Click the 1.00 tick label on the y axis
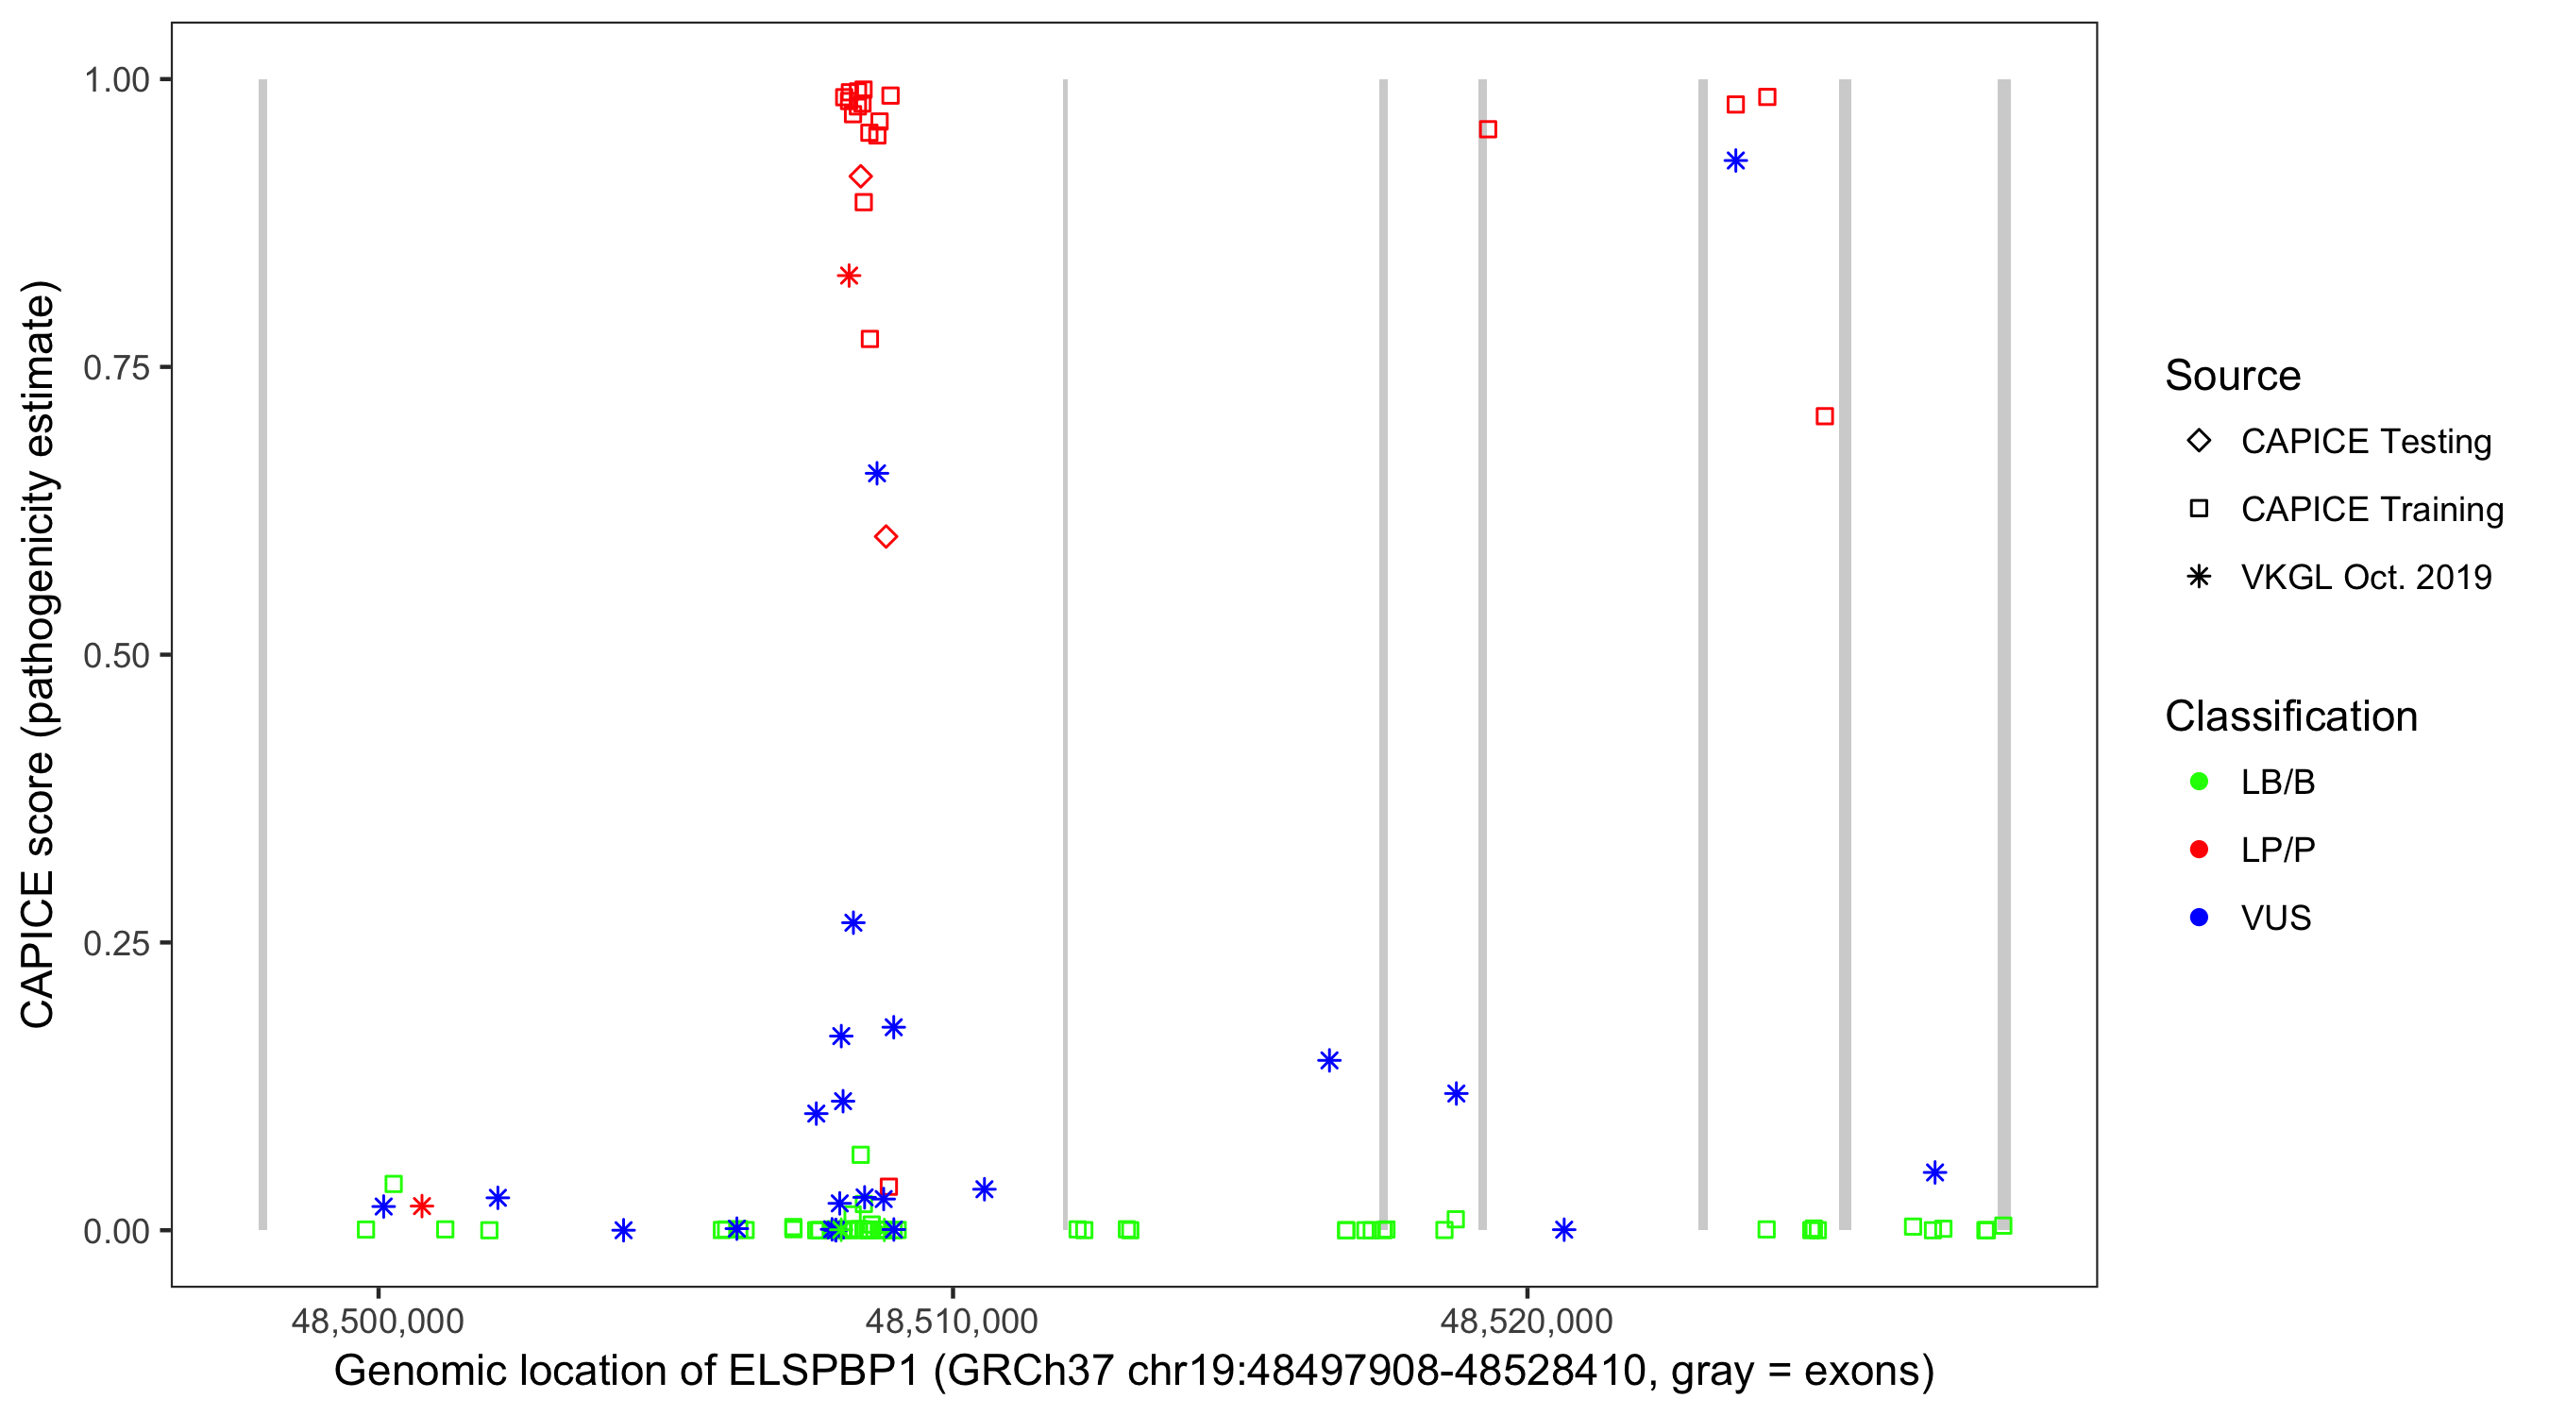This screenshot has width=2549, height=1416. (x=115, y=80)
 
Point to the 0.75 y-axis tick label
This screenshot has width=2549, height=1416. (x=115, y=368)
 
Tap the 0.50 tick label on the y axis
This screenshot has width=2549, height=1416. (x=115, y=656)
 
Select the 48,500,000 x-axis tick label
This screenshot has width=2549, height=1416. (x=377, y=1321)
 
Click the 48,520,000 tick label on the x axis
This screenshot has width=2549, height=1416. (x=1527, y=1321)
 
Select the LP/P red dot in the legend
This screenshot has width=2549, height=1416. (x=2199, y=850)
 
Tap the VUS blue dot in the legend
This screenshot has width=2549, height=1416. (x=2199, y=919)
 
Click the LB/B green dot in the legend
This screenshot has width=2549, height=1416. (x=2199, y=782)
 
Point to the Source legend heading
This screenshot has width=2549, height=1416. (x=2233, y=376)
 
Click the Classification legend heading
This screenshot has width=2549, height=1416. (x=2290, y=716)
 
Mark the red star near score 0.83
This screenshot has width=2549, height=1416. (x=848, y=276)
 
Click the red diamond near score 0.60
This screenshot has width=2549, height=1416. (x=886, y=537)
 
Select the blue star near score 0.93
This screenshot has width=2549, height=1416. (x=1734, y=161)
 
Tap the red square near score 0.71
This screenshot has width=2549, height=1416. (x=1825, y=416)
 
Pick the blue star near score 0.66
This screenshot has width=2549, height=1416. (x=877, y=474)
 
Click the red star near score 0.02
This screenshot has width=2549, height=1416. (x=422, y=1206)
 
